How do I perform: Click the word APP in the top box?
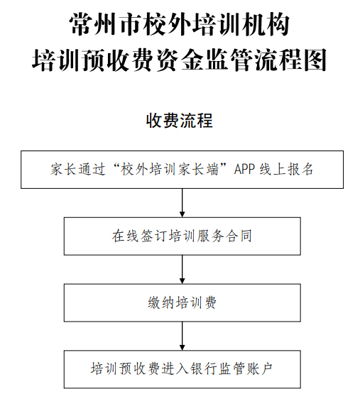pyautogui.click(x=244, y=170)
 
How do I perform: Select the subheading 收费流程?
pyautogui.click(x=180, y=121)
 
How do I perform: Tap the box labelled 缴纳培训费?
pyautogui.click(x=182, y=302)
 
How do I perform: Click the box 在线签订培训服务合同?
pyautogui.click(x=182, y=236)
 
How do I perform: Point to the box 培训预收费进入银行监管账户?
pyautogui.click(x=182, y=369)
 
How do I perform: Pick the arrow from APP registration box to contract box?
pyautogui.click(x=182, y=203)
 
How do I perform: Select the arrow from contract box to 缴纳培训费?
pyautogui.click(x=182, y=269)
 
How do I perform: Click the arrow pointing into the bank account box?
pyautogui.click(x=182, y=336)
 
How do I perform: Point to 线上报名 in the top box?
pyautogui.click(x=286, y=170)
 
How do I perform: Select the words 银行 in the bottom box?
pyautogui.click(x=204, y=369)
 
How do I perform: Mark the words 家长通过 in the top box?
pyautogui.click(x=78, y=170)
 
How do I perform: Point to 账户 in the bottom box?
pyautogui.click(x=259, y=369)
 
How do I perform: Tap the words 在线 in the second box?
pyautogui.click(x=125, y=236)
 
